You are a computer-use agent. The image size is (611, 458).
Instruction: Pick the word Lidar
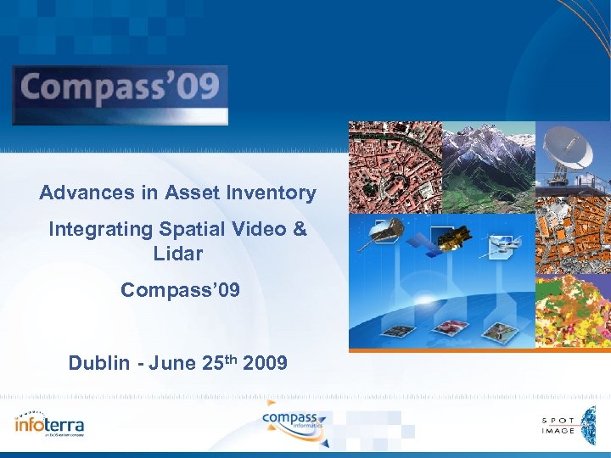[178, 254]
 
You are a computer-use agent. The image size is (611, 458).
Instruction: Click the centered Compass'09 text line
[180, 291]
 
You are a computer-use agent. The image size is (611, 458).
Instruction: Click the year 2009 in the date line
[265, 364]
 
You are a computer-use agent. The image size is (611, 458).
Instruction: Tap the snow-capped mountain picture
[488, 165]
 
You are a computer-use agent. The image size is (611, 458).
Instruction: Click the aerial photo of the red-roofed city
[395, 165]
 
